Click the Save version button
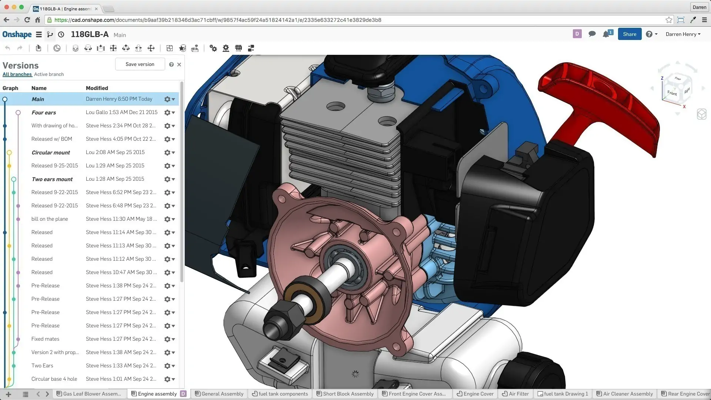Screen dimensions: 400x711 coord(140,64)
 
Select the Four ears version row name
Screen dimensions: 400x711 coord(44,113)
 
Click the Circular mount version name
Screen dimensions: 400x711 coord(51,153)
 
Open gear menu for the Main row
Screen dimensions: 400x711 coord(169,99)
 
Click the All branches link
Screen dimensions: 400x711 coord(17,74)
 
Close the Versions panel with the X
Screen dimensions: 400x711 coord(179,64)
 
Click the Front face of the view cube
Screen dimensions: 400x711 coord(672,93)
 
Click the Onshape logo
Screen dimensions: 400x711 coord(17,34)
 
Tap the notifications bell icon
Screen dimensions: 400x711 coord(606,34)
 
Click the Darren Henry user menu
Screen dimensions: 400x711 coord(682,34)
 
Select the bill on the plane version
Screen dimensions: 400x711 coord(50,219)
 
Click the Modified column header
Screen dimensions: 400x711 coord(97,88)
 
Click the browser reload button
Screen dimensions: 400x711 coord(27,20)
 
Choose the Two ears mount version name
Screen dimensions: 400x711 coord(52,179)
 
